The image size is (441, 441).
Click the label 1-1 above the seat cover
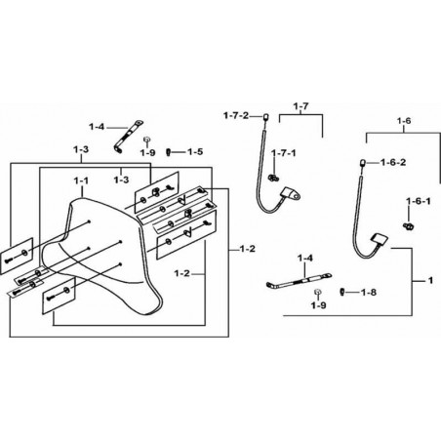(x=81, y=180)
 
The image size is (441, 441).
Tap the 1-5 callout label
(x=195, y=151)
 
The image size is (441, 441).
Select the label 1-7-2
(x=236, y=115)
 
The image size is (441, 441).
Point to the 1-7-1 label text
(x=284, y=153)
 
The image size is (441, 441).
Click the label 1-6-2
(x=393, y=162)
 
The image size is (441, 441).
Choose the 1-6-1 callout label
(x=419, y=201)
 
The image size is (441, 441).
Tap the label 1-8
(x=369, y=293)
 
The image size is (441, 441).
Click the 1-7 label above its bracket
(x=301, y=106)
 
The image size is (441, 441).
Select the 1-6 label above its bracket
(x=404, y=121)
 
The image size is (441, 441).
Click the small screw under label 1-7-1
(x=273, y=178)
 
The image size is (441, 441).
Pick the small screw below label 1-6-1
(x=408, y=225)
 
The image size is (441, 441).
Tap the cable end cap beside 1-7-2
(x=266, y=116)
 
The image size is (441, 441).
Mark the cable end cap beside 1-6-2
(x=363, y=162)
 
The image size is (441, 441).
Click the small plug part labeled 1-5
(x=169, y=151)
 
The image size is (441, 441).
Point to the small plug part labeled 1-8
(x=342, y=292)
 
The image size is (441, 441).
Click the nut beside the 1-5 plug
(x=146, y=140)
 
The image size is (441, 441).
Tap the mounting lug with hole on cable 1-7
(x=291, y=194)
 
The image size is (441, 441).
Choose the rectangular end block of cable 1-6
(x=380, y=240)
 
